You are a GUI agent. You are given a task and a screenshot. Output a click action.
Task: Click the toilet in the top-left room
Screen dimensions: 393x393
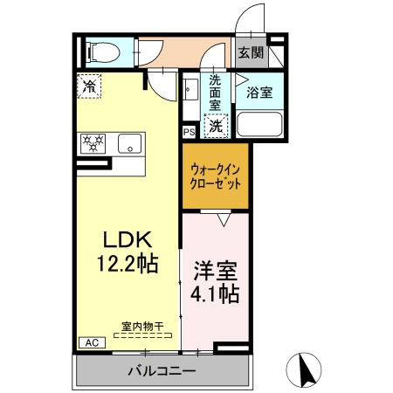[98, 52]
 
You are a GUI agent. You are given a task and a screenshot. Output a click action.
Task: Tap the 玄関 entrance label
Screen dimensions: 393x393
[252, 52]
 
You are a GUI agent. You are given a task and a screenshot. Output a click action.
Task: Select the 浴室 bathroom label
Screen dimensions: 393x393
[259, 92]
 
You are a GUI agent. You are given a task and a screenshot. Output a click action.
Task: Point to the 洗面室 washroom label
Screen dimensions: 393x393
[216, 90]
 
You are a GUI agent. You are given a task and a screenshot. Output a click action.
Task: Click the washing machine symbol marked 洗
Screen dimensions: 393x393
[216, 125]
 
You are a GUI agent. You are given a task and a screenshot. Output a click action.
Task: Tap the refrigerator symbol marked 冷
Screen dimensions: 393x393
[90, 86]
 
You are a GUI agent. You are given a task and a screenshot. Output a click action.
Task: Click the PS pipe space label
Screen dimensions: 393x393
[189, 132]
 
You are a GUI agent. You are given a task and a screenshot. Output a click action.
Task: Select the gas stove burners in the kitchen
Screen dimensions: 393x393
[93, 143]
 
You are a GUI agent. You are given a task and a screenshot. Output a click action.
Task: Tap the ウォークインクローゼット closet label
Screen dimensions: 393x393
[215, 178]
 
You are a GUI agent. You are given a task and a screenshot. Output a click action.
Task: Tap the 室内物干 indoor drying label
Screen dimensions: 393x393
[139, 327]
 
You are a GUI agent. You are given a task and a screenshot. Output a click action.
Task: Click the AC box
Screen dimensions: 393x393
[90, 342]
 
